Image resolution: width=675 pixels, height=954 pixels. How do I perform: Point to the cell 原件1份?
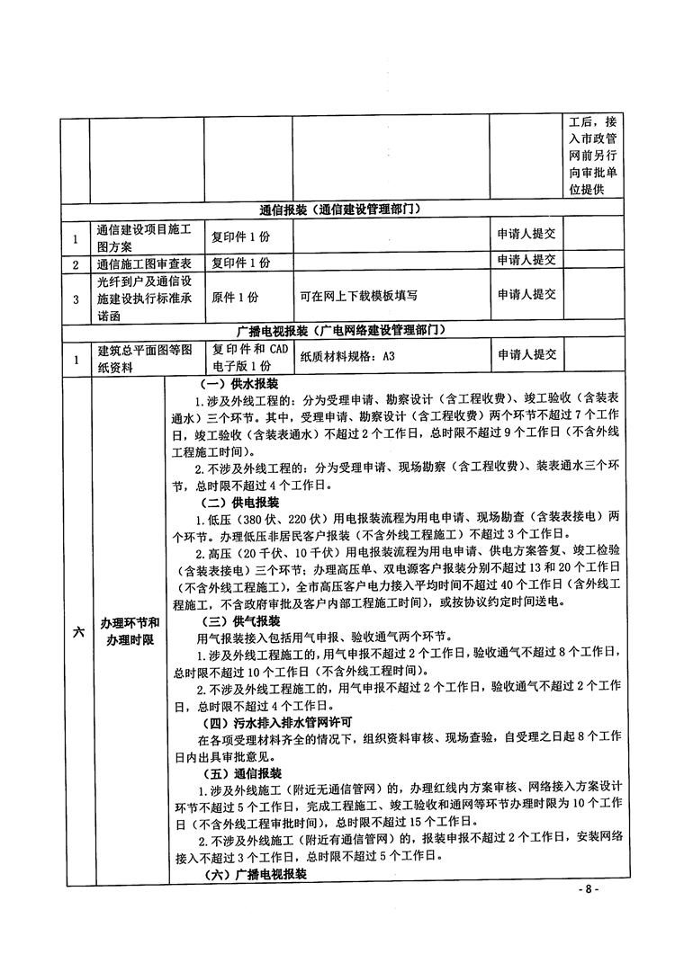(x=235, y=295)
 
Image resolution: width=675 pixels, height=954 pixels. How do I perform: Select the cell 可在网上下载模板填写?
(x=356, y=295)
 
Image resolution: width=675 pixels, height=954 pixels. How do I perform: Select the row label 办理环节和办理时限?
(x=130, y=631)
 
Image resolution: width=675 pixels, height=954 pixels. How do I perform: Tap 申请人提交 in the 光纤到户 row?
(x=526, y=293)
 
